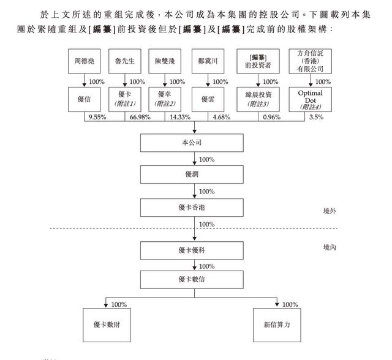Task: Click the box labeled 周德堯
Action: pos(83,62)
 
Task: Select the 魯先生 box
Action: pos(124,62)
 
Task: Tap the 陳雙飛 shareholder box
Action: pos(165,62)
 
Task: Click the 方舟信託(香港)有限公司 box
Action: pos(310,62)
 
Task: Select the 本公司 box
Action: pos(194,143)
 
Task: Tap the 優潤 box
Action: pos(194,174)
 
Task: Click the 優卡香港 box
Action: pos(194,207)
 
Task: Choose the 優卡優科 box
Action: pos(194,250)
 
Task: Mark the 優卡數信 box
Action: pos(194,280)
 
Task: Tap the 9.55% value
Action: pos(97,117)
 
